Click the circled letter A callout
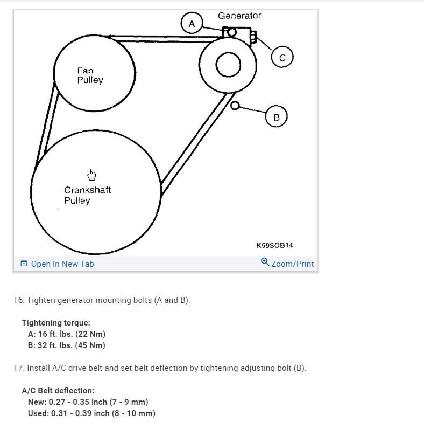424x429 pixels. [x=192, y=23]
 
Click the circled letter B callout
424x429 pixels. [x=277, y=116]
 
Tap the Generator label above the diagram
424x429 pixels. [x=239, y=16]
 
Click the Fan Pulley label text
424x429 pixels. [x=90, y=75]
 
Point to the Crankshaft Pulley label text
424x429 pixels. [x=88, y=195]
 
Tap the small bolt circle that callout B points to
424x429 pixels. [x=234, y=106]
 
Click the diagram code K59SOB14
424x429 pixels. [x=274, y=245]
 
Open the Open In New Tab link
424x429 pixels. [x=62, y=264]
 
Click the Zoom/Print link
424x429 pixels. [x=292, y=264]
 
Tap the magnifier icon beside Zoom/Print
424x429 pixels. [x=265, y=262]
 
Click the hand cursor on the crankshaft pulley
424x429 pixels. [x=91, y=175]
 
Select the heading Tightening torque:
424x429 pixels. [x=56, y=322]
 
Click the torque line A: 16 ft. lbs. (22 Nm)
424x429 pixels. [x=62, y=334]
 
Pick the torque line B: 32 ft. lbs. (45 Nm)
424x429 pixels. [x=66, y=345]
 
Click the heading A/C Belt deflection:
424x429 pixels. [x=58, y=390]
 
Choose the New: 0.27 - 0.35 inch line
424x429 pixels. [x=88, y=402]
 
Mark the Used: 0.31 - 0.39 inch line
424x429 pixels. [x=91, y=413]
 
